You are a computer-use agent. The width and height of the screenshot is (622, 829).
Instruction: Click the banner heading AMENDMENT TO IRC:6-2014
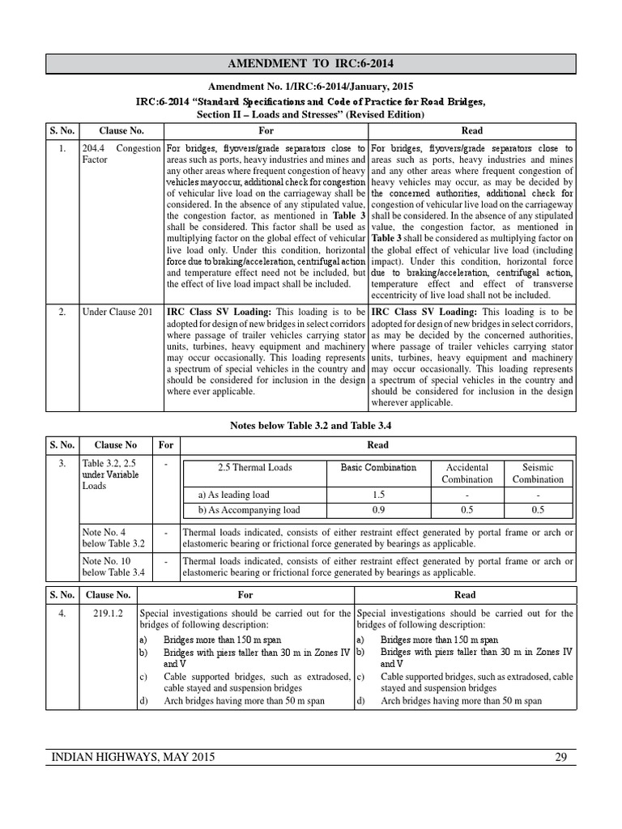coord(311,63)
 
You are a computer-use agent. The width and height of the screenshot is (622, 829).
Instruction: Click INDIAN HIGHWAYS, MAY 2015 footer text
coord(134,758)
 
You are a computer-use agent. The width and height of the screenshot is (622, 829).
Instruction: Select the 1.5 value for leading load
coord(377,494)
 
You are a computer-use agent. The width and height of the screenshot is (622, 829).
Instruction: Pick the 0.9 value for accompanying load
coord(377,510)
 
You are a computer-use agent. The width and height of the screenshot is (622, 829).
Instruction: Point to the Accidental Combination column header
coord(466,473)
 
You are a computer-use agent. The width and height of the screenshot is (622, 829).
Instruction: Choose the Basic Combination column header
coord(377,468)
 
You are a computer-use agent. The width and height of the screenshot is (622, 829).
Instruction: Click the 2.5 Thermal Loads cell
coord(255,468)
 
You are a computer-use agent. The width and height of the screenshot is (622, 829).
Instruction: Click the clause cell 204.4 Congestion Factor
coord(121,155)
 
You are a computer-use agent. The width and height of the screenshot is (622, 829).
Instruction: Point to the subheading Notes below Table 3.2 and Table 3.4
coord(311,424)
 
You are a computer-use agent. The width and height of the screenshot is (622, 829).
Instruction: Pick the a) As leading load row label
coord(234,494)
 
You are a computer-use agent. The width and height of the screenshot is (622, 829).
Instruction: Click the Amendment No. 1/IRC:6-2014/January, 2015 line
coord(311,87)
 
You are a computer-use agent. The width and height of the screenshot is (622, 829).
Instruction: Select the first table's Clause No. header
coord(121,130)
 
